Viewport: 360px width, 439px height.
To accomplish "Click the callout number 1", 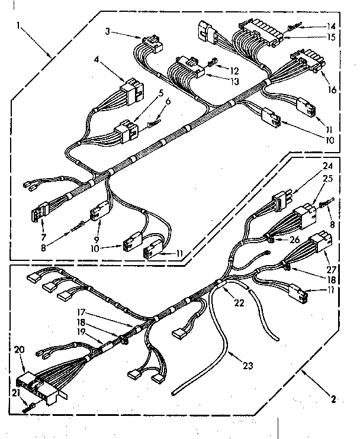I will coord(20,25).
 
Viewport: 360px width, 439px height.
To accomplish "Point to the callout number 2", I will coord(335,401).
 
